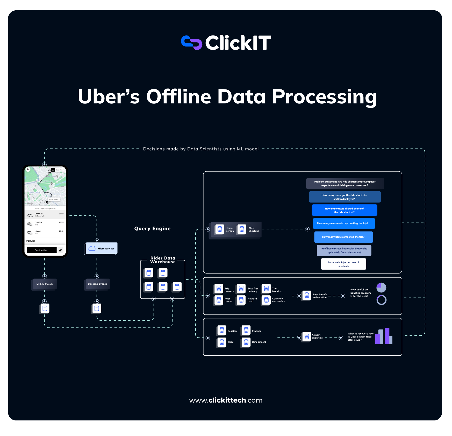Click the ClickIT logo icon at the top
point(191,43)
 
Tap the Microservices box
point(102,248)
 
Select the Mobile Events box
point(45,284)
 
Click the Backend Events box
point(97,284)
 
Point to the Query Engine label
point(152,228)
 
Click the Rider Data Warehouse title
point(163,260)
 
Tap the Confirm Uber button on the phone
point(42,250)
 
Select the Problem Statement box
point(345,184)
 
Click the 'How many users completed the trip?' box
point(343,237)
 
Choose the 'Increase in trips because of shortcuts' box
point(343,264)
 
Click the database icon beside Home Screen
point(220,229)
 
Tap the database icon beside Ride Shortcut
point(242,229)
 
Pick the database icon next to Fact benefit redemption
point(307,295)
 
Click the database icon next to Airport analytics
point(307,336)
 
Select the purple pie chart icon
point(381,287)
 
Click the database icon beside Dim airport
point(246,342)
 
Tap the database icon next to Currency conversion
point(266,300)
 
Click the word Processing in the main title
point(324,97)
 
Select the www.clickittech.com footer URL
point(226,400)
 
